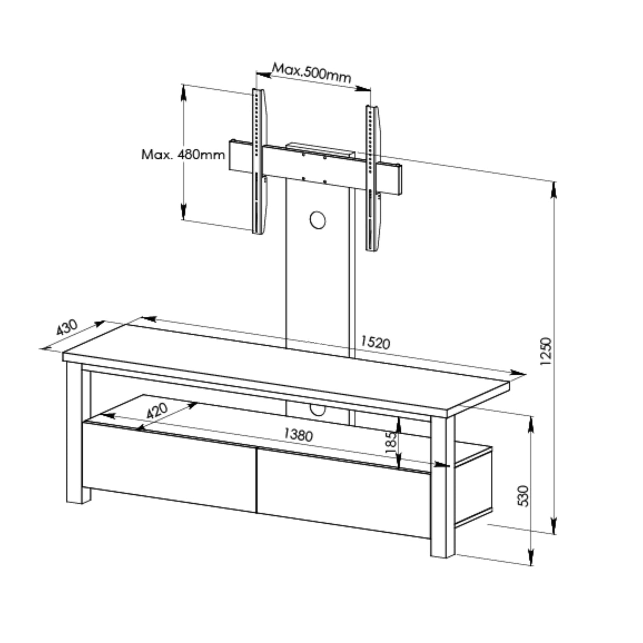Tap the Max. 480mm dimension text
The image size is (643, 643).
coord(183,154)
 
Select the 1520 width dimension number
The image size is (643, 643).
coord(375,342)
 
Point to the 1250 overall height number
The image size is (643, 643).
coord(546,352)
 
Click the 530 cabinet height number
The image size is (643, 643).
coord(524,496)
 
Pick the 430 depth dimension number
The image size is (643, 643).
coord(67,328)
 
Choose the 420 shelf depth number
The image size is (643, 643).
coord(157,410)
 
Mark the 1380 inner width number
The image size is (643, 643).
coord(298,434)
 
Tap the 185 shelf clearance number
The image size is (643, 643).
coord(391,443)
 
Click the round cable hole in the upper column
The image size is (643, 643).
coord(317,220)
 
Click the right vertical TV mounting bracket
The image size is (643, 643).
coord(372,178)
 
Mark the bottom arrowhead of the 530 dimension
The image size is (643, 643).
coord(530,558)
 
